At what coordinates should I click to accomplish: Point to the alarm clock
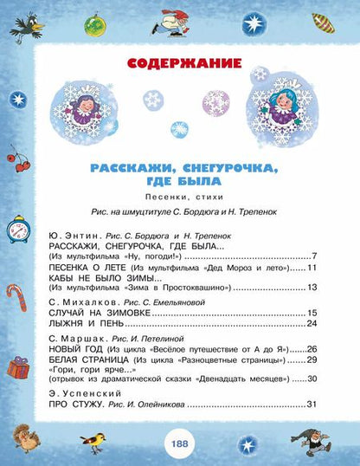click(x=15, y=233)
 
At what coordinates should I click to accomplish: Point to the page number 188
click(x=180, y=443)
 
